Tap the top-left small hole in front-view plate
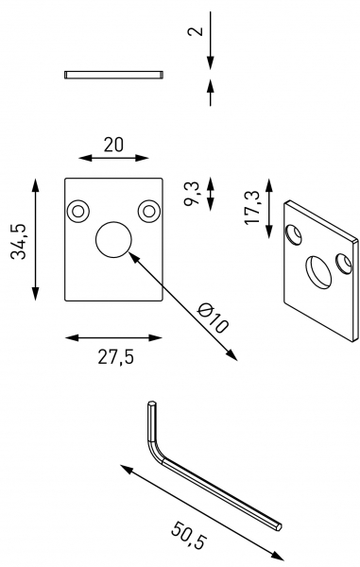coord(77,209)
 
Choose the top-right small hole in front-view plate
coord(147,209)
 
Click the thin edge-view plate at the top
coord(114,74)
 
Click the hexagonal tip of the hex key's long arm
coord(278,523)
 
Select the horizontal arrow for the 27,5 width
coord(113,335)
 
